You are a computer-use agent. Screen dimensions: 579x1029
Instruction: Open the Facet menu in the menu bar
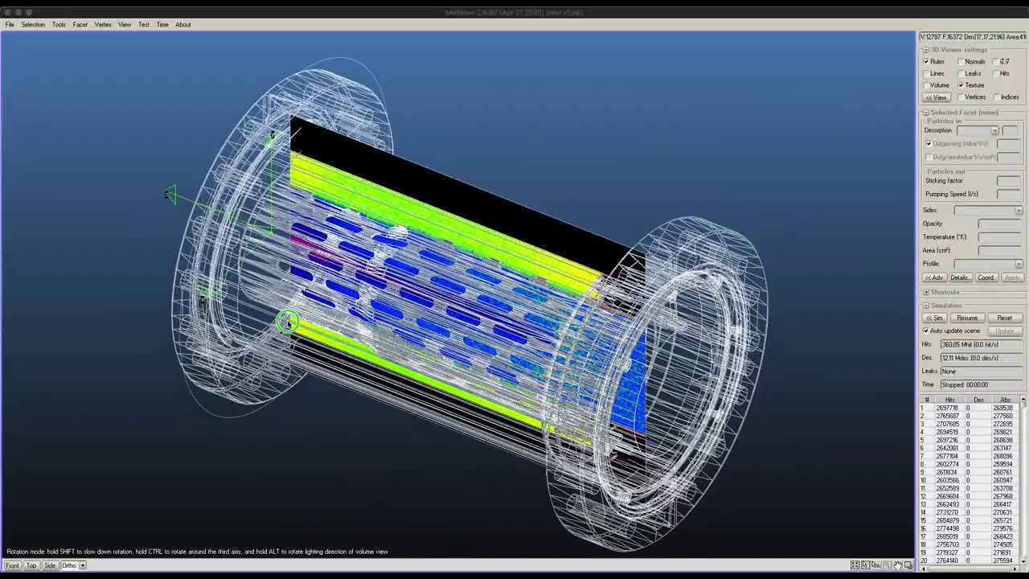[80, 24]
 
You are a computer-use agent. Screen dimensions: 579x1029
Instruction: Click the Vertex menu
[102, 24]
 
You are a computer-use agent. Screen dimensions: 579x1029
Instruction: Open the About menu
[183, 24]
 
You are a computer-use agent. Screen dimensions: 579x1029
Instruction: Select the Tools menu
[59, 24]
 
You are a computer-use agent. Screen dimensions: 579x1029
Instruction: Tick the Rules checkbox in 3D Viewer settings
[926, 62]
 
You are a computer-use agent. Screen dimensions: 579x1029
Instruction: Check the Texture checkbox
[961, 85]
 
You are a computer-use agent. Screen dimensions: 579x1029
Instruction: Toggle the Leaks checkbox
[961, 74]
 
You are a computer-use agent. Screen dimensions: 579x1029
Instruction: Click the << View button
[936, 97]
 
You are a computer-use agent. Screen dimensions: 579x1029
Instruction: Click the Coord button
[986, 277]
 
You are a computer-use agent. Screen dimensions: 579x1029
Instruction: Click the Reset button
[1004, 318]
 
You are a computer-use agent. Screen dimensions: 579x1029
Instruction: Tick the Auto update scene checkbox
[926, 331]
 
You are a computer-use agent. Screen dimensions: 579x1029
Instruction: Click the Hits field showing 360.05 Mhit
[981, 344]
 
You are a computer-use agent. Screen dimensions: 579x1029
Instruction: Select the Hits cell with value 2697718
[947, 409]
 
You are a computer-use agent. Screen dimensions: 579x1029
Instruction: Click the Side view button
[50, 565]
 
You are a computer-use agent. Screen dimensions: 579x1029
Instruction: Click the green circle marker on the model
[286, 322]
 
